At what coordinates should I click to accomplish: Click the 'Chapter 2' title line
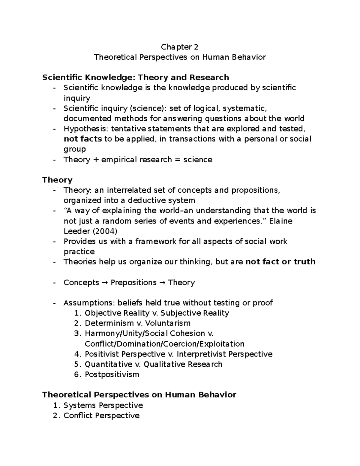pyautogui.click(x=179, y=47)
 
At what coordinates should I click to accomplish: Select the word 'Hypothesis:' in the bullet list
pyautogui.click(x=86, y=129)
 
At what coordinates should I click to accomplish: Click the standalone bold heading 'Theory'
pyautogui.click(x=57, y=180)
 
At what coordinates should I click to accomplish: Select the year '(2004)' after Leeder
pyautogui.click(x=105, y=231)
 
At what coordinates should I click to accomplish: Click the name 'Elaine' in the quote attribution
pyautogui.click(x=281, y=221)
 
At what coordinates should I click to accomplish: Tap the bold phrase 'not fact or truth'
pyautogui.click(x=280, y=262)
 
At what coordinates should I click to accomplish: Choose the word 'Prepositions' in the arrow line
pyautogui.click(x=133, y=283)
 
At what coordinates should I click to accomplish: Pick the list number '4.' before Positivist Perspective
pyautogui.click(x=78, y=354)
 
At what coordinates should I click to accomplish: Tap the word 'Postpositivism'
pyautogui.click(x=112, y=374)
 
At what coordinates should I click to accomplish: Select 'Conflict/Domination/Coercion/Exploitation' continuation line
pyautogui.click(x=164, y=344)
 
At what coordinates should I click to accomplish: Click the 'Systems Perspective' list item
pyautogui.click(x=103, y=405)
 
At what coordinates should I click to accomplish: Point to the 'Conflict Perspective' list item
pyautogui.click(x=101, y=416)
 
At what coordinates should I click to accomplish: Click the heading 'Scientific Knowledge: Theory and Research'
pyautogui.click(x=136, y=78)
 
